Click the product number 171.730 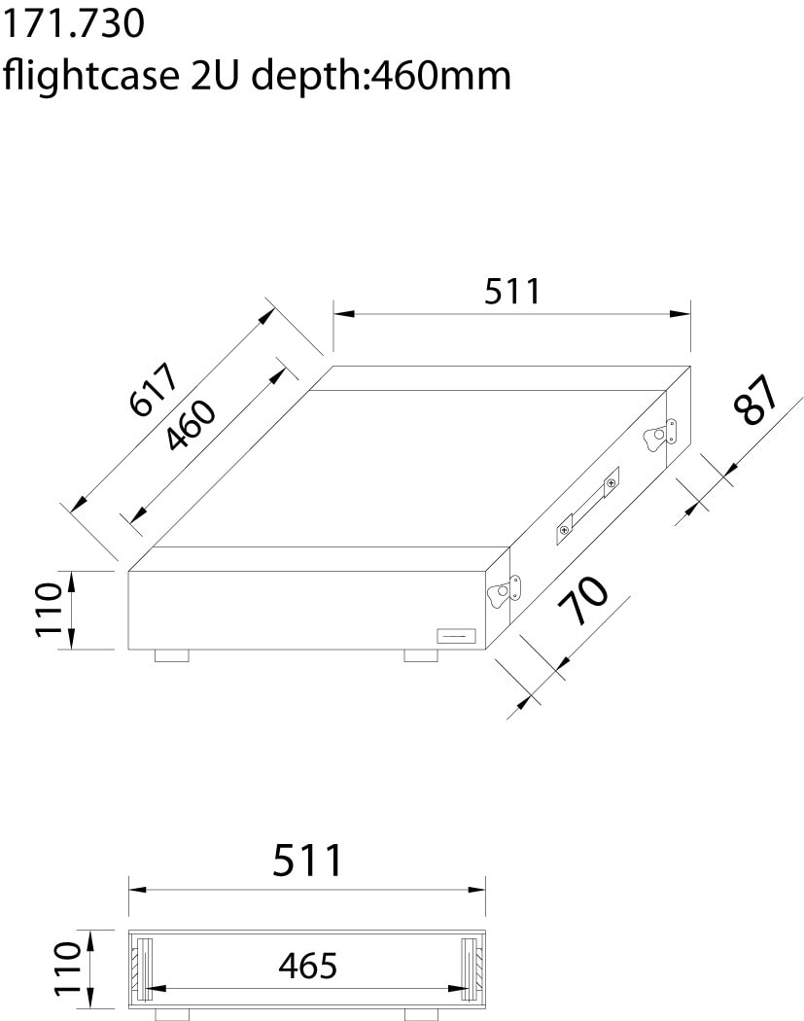[74, 24]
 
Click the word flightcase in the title [91, 76]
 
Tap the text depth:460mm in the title [381, 76]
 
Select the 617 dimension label [154, 389]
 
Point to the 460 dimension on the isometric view [190, 425]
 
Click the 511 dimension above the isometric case [512, 291]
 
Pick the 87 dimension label [755, 400]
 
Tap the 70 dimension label [582, 599]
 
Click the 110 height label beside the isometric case [49, 610]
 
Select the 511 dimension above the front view [307, 860]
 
